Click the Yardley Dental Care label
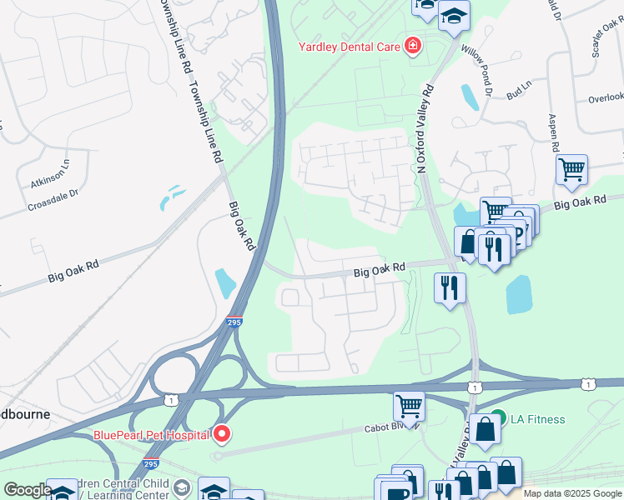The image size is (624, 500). pos(350,47)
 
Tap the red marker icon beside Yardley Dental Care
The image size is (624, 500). pos(411,46)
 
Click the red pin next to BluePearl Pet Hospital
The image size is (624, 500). pos(222,433)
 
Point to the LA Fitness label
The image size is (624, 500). pos(537,419)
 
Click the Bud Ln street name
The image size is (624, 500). pos(518,90)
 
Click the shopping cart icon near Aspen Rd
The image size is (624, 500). pos(571,170)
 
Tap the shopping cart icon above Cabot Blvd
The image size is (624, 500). pos(409,407)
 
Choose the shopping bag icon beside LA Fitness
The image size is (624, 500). pos(485,431)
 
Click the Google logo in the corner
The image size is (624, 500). pos(28,490)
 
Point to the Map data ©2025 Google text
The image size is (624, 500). pos(572,493)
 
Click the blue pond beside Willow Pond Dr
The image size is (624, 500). pos(470,97)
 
